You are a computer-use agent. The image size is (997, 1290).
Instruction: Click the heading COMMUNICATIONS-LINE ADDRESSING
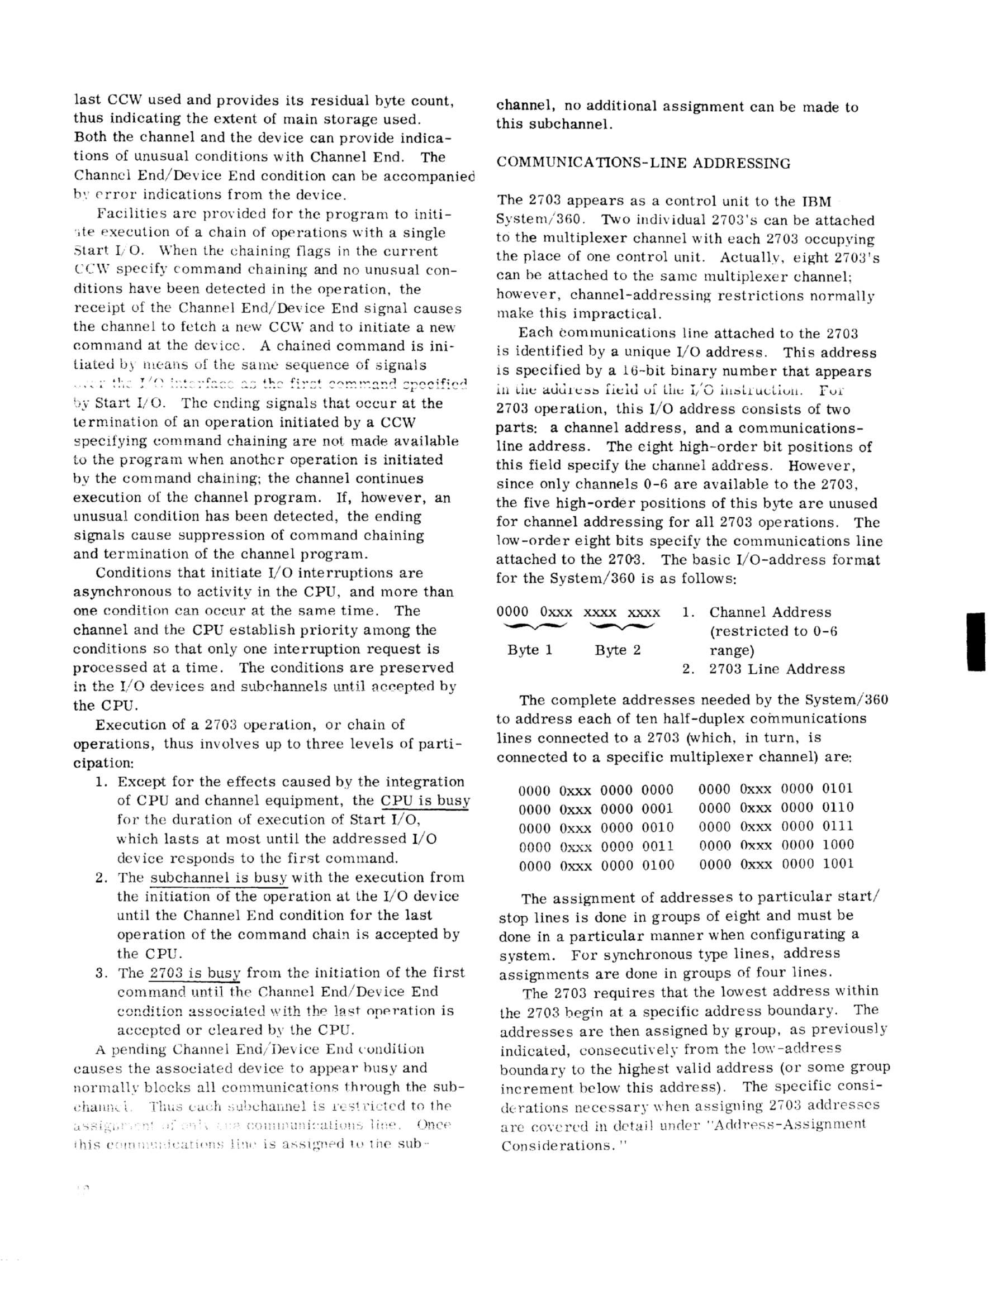click(x=643, y=164)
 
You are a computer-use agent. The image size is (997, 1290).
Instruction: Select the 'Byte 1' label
click(x=530, y=650)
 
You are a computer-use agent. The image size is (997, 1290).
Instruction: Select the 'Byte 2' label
click(x=618, y=650)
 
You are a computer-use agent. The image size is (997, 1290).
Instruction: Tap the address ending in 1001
click(x=776, y=864)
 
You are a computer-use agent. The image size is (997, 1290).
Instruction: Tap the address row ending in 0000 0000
click(x=596, y=791)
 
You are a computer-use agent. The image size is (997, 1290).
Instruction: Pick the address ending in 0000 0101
click(x=776, y=788)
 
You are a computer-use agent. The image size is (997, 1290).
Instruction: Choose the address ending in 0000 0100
click(x=596, y=866)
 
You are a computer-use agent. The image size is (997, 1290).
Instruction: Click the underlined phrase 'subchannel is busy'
click(x=219, y=878)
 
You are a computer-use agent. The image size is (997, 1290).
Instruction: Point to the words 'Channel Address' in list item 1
click(x=770, y=612)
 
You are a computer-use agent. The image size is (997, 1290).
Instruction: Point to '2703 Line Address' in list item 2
click(x=777, y=669)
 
